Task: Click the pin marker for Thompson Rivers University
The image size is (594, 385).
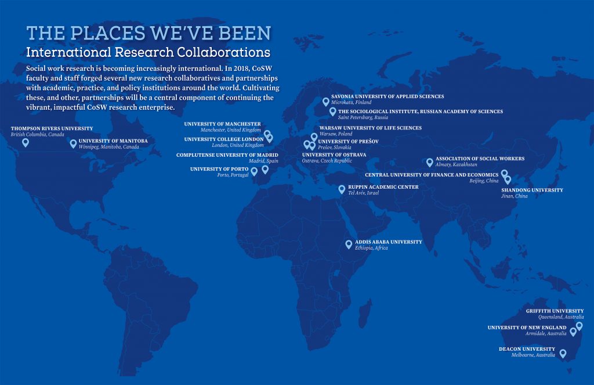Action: [26, 142]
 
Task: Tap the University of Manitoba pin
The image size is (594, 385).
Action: [73, 143]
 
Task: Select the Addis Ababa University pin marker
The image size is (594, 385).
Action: [349, 244]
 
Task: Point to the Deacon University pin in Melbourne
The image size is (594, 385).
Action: [562, 352]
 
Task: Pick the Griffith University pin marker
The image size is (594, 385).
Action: [579, 326]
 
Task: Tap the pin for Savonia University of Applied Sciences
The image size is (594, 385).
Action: [325, 101]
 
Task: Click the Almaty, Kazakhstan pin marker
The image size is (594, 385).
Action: [430, 162]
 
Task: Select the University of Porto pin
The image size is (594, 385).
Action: [254, 171]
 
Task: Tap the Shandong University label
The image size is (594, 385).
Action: [532, 190]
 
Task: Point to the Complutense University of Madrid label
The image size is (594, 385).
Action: [227, 155]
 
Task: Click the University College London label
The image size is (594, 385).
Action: [223, 139]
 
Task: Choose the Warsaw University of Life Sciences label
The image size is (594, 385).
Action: [371, 128]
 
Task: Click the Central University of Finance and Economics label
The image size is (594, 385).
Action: [432, 175]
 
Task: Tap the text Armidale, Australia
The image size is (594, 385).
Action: [545, 334]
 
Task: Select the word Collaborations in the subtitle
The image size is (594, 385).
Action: [222, 52]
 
